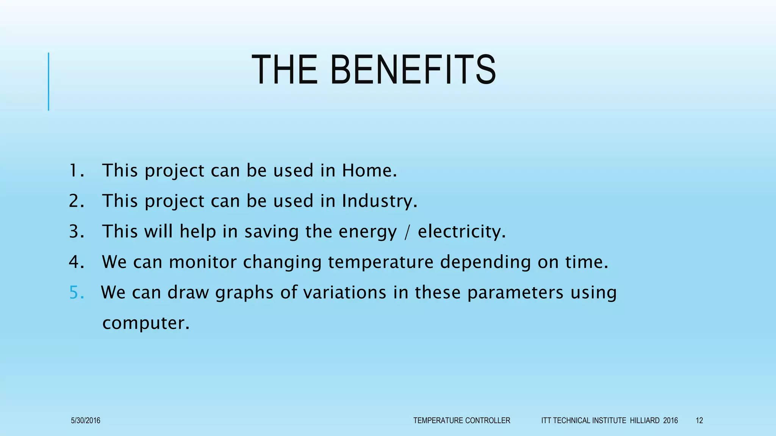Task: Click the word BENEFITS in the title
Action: tap(413, 70)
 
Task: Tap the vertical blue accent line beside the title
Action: tap(48, 81)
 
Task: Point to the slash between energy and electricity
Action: tap(407, 232)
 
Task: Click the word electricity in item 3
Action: tap(462, 231)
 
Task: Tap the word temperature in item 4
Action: tap(380, 262)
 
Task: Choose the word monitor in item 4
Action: tap(203, 262)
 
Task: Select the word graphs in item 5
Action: tap(244, 293)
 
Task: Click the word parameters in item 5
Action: tap(515, 293)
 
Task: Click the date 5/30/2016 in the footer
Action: tap(86, 420)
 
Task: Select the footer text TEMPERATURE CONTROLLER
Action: tap(462, 420)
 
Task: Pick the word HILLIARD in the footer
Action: tap(645, 420)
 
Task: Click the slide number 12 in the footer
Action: tap(699, 420)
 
